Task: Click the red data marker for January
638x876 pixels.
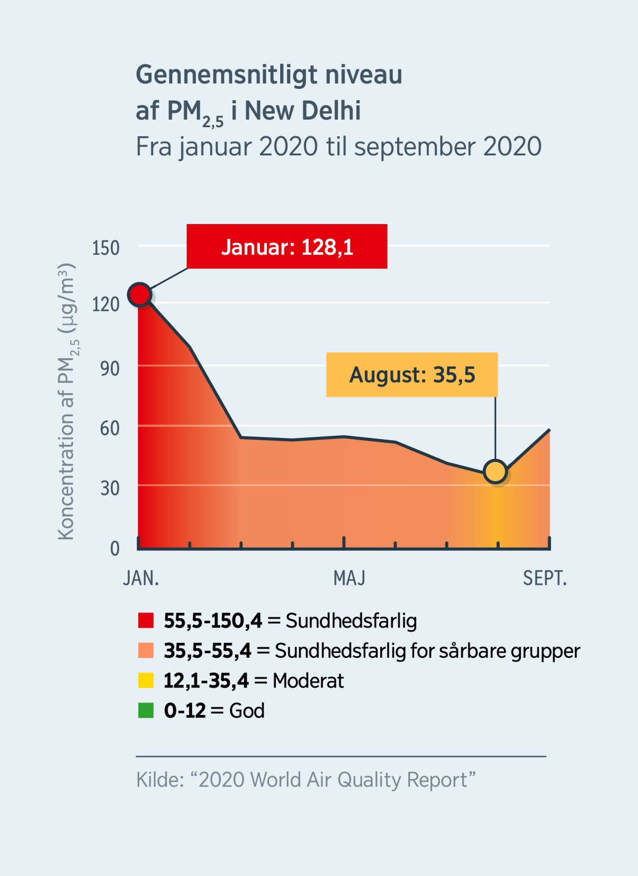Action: (x=140, y=294)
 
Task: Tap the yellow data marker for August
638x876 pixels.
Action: (x=496, y=472)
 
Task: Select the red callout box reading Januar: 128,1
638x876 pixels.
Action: (x=287, y=246)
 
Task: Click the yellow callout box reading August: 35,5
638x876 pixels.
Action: (x=412, y=375)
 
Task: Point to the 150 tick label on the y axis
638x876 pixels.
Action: (x=105, y=248)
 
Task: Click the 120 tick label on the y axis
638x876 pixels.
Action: (x=105, y=304)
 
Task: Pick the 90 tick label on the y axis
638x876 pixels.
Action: (x=110, y=368)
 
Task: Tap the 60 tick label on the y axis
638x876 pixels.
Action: (x=110, y=428)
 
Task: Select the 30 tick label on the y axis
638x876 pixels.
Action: (x=110, y=488)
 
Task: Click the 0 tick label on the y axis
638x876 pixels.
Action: (x=114, y=548)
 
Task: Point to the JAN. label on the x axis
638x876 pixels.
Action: (x=141, y=578)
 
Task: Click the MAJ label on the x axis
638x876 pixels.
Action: (x=349, y=578)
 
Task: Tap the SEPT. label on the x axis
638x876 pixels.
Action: (x=544, y=578)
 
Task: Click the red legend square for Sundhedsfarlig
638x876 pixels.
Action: (x=146, y=621)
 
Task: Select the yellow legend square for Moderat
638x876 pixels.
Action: (x=146, y=681)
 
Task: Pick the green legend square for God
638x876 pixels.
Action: (x=146, y=710)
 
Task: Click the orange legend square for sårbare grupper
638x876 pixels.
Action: (x=146, y=650)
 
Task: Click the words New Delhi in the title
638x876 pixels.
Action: (x=302, y=111)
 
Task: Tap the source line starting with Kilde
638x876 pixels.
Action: (x=305, y=780)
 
